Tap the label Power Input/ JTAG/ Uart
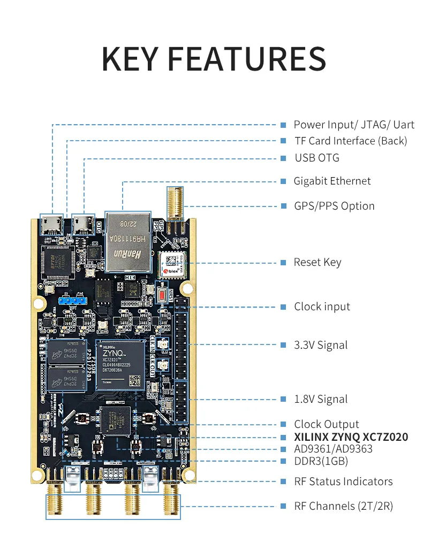click(x=354, y=125)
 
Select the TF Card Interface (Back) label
click(x=351, y=141)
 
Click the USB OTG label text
click(x=317, y=158)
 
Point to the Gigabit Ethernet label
click(x=332, y=181)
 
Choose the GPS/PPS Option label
click(x=334, y=206)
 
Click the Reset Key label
click(x=318, y=262)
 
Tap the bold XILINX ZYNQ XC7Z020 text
click(x=351, y=437)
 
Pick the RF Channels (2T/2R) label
click(x=343, y=506)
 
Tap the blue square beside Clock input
click(x=283, y=307)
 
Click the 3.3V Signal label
click(x=321, y=345)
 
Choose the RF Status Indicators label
click(x=343, y=481)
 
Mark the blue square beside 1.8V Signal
click(x=283, y=399)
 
